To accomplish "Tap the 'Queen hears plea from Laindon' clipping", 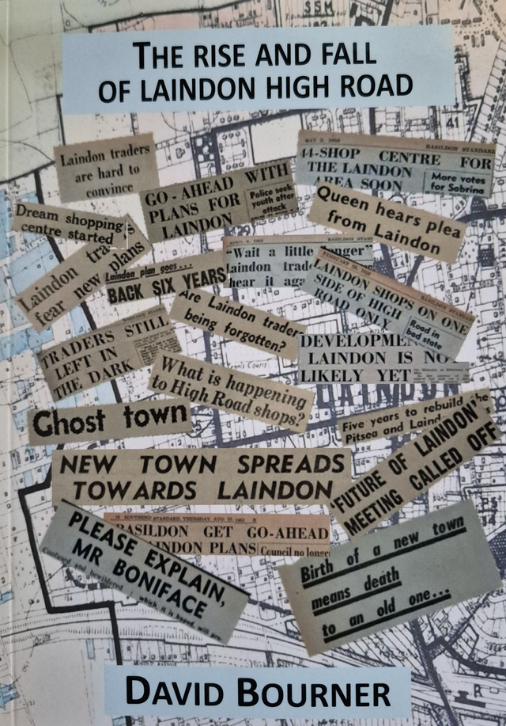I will coord(385,224).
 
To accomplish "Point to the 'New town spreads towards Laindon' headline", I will coord(201,477).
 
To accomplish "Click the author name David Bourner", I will coord(258,693).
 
